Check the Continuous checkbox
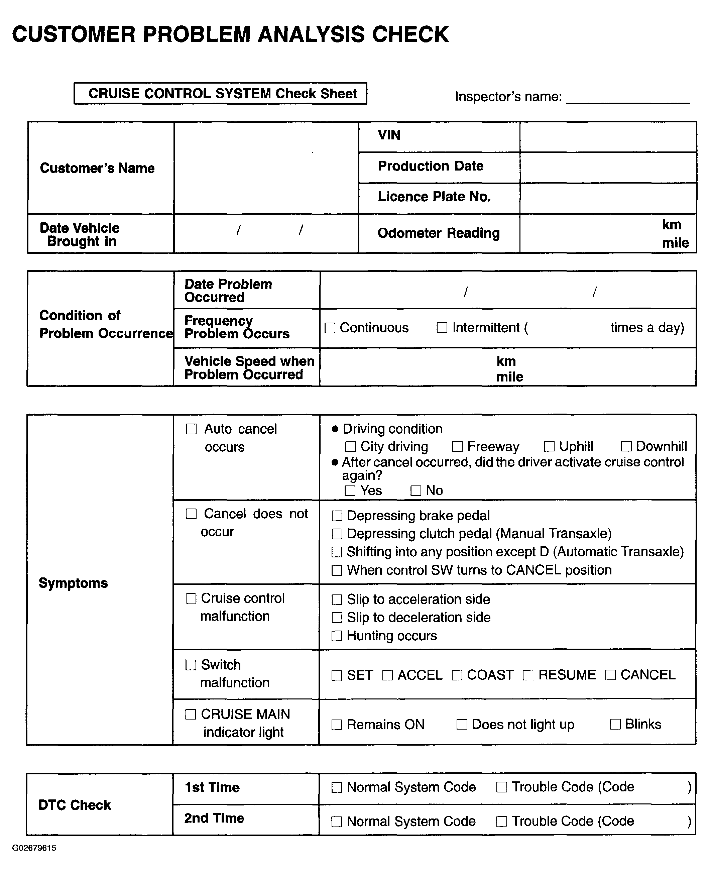coord(330,328)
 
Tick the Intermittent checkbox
coord(442,328)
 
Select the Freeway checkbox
coord(457,446)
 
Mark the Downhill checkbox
coord(626,446)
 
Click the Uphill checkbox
coord(549,446)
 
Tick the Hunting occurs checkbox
coord(337,636)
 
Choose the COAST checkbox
coord(457,675)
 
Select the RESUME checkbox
coord(528,675)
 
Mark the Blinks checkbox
coord(615,724)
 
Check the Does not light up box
coord(461,724)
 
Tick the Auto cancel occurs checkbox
coord(191,429)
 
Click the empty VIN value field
coord(608,137)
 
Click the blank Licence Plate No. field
coord(608,198)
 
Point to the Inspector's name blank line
coord(628,98)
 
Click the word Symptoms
coord(73,583)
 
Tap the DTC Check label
coord(75,805)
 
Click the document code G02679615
coord(34,848)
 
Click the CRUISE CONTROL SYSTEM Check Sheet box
coord(220,94)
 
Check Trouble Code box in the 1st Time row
coord(501,787)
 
